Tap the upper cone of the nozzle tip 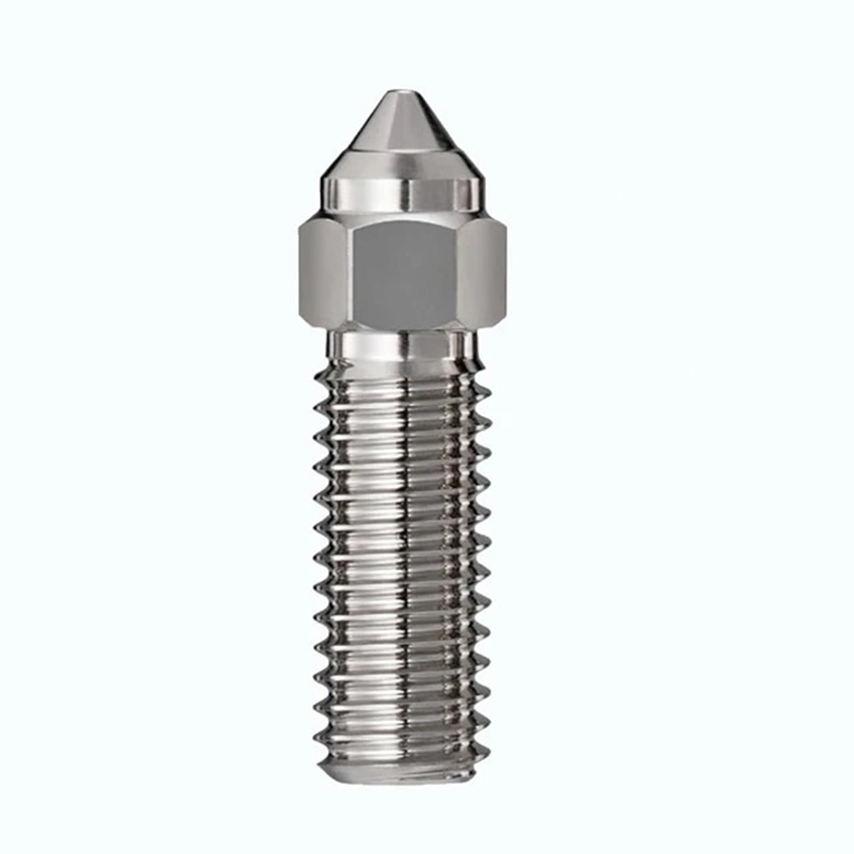point(401,120)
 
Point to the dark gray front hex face point(402,273)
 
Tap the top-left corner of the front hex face point(352,224)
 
